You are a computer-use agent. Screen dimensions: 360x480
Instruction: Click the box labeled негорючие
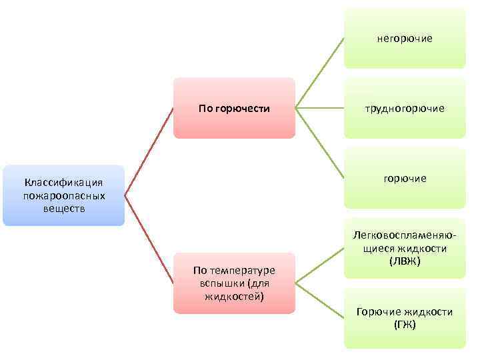pos(404,39)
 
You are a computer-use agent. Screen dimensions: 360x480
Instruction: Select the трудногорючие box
pos(404,108)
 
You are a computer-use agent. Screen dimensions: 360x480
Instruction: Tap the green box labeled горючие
pos(404,178)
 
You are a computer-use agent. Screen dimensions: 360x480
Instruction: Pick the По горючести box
pos(234,108)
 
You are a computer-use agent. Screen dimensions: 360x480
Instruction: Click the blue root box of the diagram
pos(63,195)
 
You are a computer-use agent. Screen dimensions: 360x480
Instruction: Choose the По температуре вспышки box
pos(234,283)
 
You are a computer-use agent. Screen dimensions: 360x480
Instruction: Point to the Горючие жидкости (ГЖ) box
pos(404,318)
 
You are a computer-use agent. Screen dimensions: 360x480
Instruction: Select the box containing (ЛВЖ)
pos(404,248)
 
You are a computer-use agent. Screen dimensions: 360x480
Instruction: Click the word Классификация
pos(63,183)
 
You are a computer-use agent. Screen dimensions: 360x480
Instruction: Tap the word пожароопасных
pos(63,195)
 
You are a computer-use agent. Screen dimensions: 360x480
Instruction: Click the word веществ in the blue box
pos(63,208)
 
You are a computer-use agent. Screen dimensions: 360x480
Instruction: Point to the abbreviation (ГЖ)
pos(404,325)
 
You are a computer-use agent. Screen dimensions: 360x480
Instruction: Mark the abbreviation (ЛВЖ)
pos(404,261)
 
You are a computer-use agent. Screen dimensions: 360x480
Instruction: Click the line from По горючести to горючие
pos(319,143)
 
